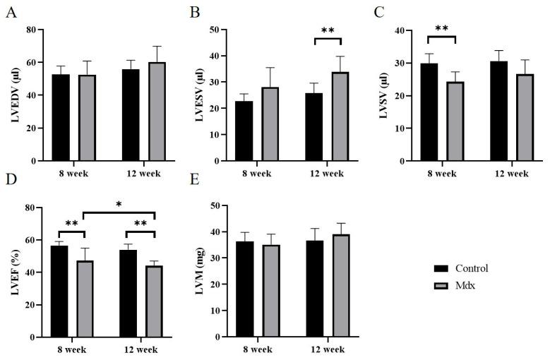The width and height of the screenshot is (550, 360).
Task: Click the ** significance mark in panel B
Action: [x=328, y=31]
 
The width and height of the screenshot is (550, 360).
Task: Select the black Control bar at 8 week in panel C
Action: [x=429, y=112]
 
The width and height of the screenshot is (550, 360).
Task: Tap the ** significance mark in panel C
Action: [x=442, y=29]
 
